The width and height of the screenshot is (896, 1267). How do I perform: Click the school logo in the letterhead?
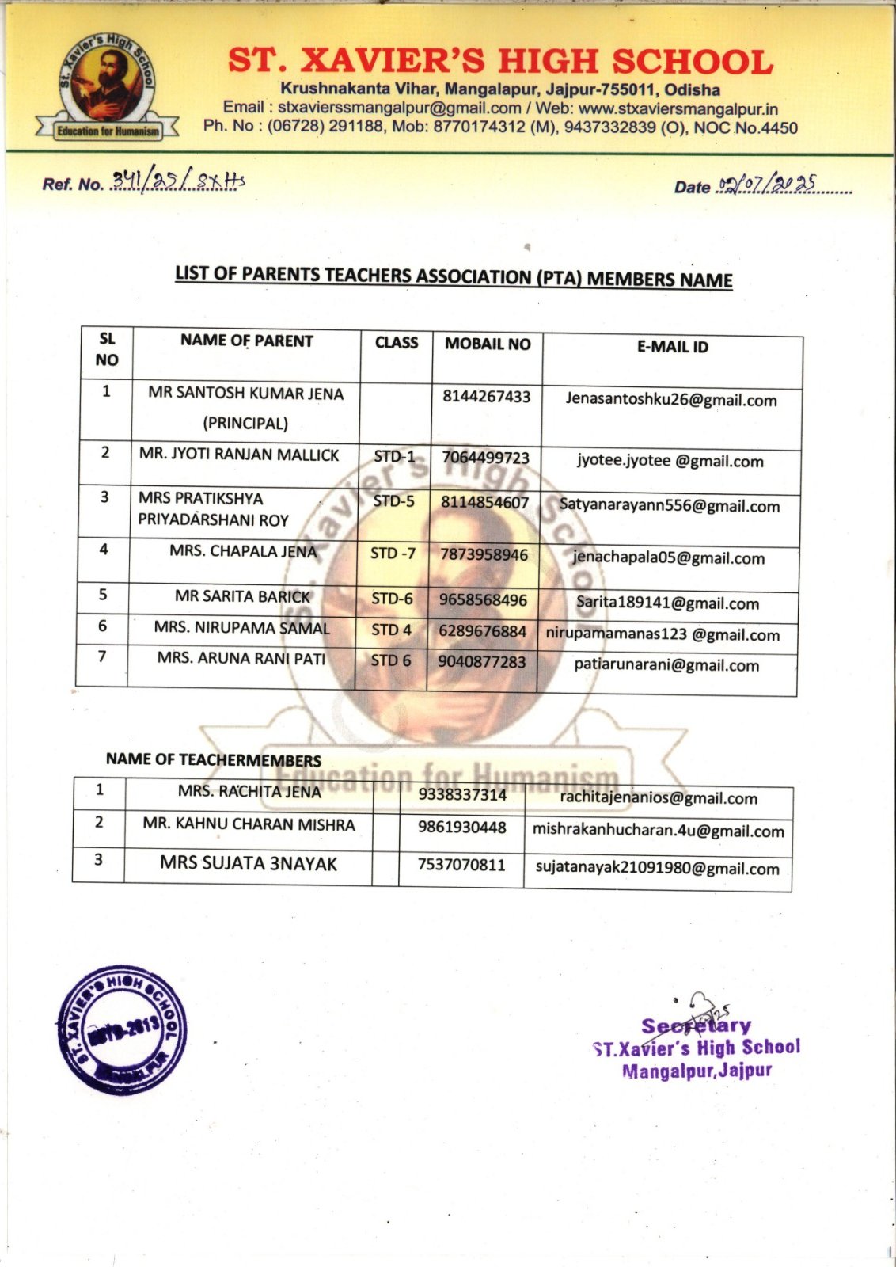click(108, 88)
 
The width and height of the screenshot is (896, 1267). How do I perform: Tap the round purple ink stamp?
click(123, 1030)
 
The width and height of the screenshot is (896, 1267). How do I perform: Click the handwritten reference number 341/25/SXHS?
click(178, 181)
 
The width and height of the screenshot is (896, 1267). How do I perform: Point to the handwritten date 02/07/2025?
click(766, 185)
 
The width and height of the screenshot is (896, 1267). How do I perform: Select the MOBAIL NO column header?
click(488, 344)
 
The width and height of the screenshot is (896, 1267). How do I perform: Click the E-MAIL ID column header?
click(673, 347)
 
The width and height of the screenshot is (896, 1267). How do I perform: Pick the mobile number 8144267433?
click(486, 397)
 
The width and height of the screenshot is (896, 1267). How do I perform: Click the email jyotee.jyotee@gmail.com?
click(670, 461)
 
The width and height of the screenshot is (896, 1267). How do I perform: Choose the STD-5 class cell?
click(393, 501)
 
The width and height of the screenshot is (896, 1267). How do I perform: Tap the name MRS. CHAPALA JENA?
click(243, 551)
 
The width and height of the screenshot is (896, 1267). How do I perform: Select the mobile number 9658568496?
click(483, 600)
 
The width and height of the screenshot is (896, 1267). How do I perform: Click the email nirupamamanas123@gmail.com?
click(663, 634)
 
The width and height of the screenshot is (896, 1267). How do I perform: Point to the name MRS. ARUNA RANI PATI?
click(241, 658)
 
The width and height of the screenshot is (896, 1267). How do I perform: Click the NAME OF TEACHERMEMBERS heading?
click(214, 759)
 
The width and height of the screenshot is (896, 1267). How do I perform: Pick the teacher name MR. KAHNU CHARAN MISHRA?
click(249, 824)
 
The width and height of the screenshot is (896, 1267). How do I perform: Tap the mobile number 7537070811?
click(461, 865)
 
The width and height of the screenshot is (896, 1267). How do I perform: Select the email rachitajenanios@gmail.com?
click(659, 797)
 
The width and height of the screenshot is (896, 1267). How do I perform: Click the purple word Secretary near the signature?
click(696, 1026)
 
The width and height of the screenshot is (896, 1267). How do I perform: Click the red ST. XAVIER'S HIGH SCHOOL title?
click(500, 62)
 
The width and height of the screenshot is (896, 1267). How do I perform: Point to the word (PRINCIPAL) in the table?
click(245, 423)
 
